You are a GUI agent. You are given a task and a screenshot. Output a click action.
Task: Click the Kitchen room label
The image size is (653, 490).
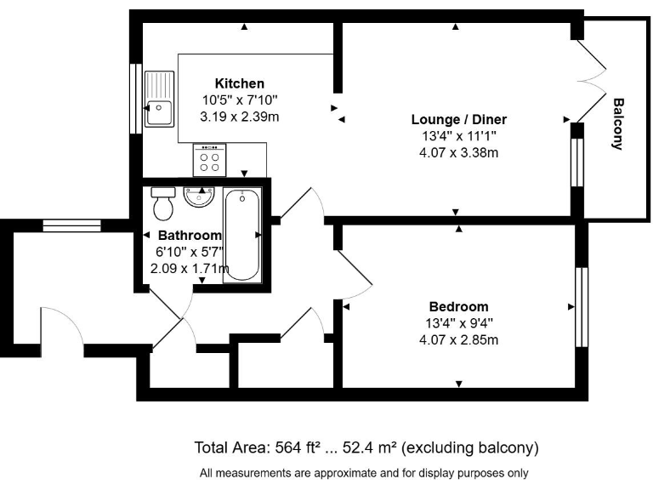(239, 83)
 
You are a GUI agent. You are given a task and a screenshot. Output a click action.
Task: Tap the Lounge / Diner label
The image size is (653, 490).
(459, 120)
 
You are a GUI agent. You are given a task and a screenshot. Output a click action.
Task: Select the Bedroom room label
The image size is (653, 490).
(459, 307)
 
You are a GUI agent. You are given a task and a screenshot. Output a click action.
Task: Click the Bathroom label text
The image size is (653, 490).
(189, 236)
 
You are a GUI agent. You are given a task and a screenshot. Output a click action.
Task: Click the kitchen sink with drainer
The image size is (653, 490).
(158, 98)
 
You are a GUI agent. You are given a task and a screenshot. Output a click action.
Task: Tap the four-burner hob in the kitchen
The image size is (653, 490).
(209, 157)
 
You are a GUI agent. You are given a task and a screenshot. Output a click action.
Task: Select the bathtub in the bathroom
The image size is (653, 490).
(241, 235)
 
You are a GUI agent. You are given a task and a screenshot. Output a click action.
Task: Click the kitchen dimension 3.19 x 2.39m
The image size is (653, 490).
(239, 117)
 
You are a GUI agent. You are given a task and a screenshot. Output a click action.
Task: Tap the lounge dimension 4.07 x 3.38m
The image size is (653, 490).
(459, 153)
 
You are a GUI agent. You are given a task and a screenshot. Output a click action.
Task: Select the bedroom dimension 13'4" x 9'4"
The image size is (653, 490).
(459, 323)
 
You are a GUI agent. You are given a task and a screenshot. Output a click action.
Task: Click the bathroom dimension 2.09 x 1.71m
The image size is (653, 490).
(189, 269)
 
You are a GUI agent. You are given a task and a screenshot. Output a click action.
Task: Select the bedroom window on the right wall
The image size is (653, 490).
(582, 307)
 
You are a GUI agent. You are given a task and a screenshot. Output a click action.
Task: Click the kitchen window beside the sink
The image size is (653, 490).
(134, 98)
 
